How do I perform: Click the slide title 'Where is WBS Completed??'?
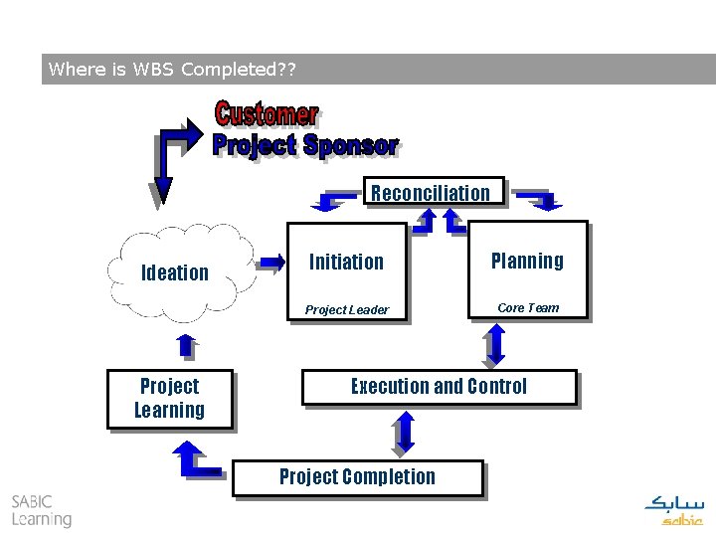(170, 70)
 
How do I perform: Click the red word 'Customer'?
(267, 114)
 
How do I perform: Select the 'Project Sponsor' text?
(305, 145)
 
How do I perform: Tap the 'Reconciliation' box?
(431, 193)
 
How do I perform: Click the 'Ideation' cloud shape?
(176, 272)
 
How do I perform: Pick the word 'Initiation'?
(346, 263)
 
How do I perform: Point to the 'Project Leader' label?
(347, 310)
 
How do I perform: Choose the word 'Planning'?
(527, 262)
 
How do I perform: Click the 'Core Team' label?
(528, 308)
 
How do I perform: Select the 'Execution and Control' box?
(439, 387)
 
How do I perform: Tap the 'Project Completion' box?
(357, 477)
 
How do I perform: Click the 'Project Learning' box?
(169, 399)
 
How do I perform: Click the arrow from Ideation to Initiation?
(269, 264)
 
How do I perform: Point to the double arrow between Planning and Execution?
(496, 344)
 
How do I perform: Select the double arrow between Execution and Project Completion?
(403, 433)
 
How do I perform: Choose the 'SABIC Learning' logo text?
(42, 510)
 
